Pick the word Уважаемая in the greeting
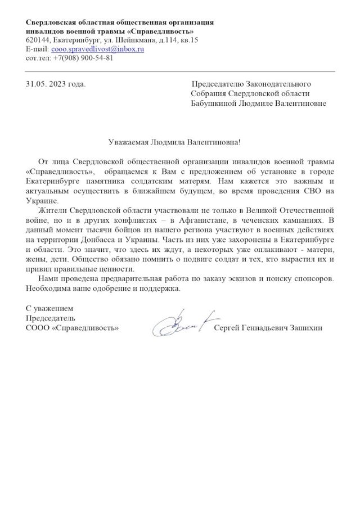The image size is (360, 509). click(x=127, y=143)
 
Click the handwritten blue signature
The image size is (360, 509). click(x=178, y=323)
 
